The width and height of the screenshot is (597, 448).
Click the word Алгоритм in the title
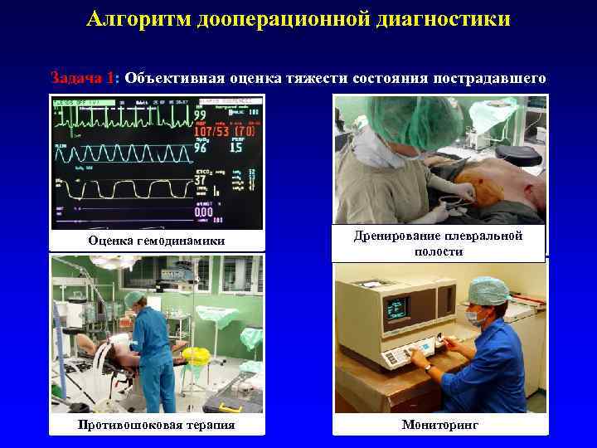[138, 18]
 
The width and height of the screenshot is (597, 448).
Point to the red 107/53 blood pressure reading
[212, 130]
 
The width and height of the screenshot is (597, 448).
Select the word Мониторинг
[440, 425]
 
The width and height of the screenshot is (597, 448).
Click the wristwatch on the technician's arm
[429, 366]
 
